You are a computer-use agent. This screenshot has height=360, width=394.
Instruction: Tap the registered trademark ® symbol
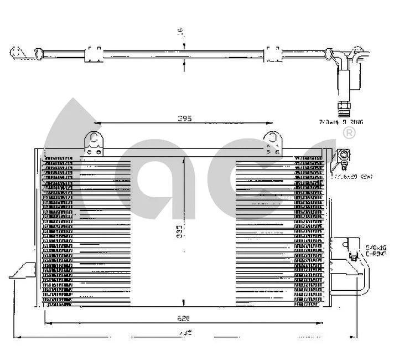click(349, 133)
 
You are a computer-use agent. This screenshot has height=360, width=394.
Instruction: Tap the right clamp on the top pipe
click(272, 54)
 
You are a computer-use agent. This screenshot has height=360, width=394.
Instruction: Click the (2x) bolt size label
click(352, 176)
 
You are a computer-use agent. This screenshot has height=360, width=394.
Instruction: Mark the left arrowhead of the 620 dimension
click(46, 323)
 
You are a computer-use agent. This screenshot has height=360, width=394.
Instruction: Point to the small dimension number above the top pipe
click(184, 33)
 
